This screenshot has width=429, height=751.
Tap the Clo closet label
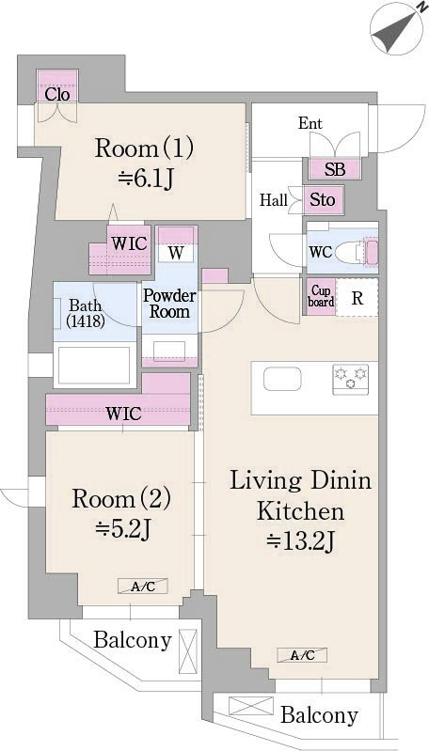tap(57, 94)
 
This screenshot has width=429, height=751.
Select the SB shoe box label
tap(335, 169)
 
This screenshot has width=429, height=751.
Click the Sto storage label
tap(323, 199)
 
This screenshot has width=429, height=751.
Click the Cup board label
tap(321, 296)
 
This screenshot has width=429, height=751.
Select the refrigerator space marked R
tap(357, 297)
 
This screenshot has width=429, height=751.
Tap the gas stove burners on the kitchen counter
tap(351, 379)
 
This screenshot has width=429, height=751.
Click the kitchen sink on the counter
tap(282, 380)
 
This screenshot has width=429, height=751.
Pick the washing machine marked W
tap(176, 253)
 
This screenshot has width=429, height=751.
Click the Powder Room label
tap(169, 304)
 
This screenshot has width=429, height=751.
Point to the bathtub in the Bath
tap(93, 365)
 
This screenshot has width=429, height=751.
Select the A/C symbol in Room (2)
tap(143, 587)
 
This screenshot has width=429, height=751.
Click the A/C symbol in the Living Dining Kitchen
tap(302, 655)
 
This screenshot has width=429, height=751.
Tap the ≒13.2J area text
tap(301, 541)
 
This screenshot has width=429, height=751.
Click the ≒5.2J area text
tap(122, 529)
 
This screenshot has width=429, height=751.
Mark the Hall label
tap(274, 199)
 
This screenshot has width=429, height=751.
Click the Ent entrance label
tap(310, 123)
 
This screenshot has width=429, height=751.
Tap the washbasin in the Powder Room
tap(169, 352)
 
